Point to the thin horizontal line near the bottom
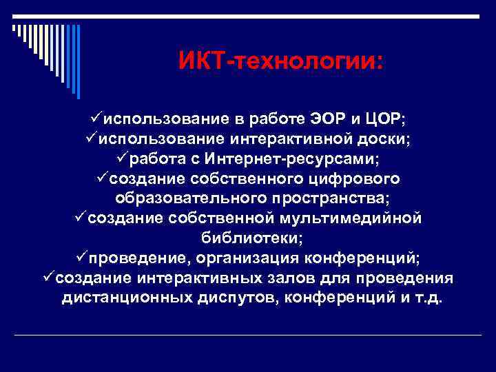click(x=248, y=335)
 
